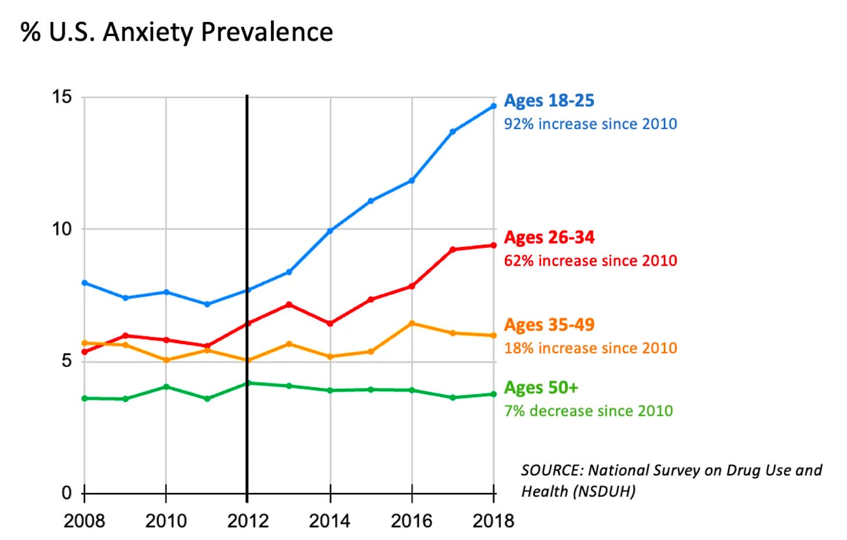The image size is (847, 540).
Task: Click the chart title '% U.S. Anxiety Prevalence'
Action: click(177, 32)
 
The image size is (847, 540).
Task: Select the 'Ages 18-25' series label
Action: click(549, 101)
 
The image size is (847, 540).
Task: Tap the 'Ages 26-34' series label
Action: click(549, 237)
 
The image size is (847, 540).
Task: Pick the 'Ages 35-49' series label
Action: click(549, 324)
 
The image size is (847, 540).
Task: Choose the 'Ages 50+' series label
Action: click(540, 387)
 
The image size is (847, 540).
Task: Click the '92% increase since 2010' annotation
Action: click(590, 124)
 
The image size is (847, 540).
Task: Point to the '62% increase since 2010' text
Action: click(590, 260)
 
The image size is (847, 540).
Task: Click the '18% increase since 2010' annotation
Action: click(590, 348)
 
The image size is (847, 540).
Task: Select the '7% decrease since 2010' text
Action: click(588, 410)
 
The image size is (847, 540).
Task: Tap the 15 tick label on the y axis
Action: click(62, 96)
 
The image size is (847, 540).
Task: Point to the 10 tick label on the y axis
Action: click(62, 229)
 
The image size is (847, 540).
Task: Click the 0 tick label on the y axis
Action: click(67, 493)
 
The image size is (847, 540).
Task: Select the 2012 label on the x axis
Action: click(248, 521)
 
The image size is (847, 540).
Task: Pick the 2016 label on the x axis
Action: click(411, 521)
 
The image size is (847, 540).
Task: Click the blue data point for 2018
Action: click(494, 106)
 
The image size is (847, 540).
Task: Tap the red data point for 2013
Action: click(289, 305)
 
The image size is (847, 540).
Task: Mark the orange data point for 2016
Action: click(412, 323)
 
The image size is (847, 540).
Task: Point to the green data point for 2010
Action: click(166, 387)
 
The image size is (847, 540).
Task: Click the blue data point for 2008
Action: click(84, 282)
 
